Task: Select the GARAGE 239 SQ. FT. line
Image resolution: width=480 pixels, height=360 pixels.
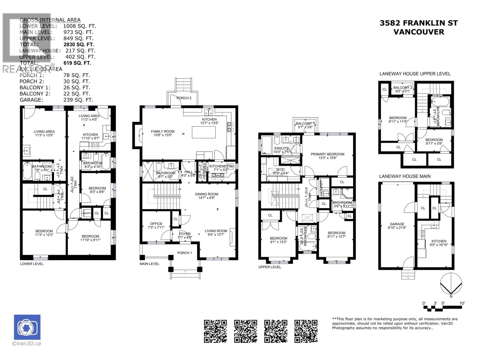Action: (56, 100)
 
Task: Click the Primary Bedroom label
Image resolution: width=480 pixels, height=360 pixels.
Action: (327, 154)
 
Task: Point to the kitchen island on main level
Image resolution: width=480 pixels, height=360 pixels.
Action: (204, 132)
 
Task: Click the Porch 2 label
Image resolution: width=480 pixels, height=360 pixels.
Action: (184, 98)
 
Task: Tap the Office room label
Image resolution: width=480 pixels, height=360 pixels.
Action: (156, 224)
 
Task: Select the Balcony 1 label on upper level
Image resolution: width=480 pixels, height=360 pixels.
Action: (305, 124)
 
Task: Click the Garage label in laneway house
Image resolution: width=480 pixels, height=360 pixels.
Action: (397, 224)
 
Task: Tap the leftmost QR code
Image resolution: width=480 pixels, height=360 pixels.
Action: (215, 331)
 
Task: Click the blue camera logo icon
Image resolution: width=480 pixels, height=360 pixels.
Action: (27, 328)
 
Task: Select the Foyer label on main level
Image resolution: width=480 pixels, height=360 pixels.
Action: (185, 234)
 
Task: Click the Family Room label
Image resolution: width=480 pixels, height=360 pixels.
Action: (163, 131)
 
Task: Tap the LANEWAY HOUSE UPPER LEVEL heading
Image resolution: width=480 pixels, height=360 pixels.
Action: (415, 74)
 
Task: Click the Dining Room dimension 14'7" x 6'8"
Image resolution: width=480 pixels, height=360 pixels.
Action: (206, 198)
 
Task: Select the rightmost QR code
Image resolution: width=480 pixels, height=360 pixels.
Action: (306, 331)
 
